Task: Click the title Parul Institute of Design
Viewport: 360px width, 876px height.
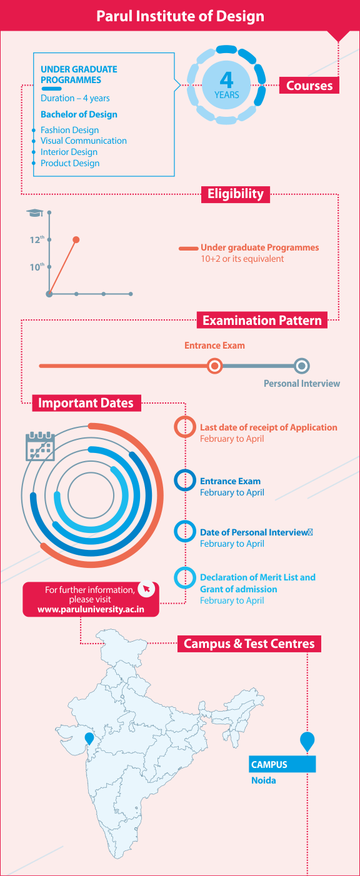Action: pyautogui.click(x=180, y=16)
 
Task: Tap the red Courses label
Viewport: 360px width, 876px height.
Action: pyautogui.click(x=309, y=85)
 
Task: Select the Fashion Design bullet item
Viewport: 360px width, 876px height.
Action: pyautogui.click(x=69, y=130)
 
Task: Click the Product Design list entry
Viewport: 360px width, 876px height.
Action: pyautogui.click(x=70, y=163)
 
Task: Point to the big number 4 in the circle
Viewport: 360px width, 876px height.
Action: pyautogui.click(x=227, y=80)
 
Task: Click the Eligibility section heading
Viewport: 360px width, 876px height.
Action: pyautogui.click(x=236, y=194)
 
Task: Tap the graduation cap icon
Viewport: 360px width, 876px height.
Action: pyautogui.click(x=35, y=212)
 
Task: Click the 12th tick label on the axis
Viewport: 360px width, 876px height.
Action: pyautogui.click(x=37, y=240)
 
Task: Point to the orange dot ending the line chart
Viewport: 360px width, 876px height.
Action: pyautogui.click(x=76, y=239)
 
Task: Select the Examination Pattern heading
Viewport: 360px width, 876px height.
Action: pyautogui.click(x=262, y=321)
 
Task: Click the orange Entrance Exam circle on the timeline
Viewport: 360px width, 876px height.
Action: pyautogui.click(x=214, y=366)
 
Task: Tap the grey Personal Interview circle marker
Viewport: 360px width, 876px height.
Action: pyautogui.click(x=301, y=366)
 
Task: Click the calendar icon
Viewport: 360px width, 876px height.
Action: pyautogui.click(x=40, y=446)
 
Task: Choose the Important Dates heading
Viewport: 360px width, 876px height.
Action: pyautogui.click(x=86, y=403)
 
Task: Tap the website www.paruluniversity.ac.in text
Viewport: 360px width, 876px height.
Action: pyautogui.click(x=91, y=609)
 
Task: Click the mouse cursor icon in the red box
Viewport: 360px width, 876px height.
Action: pyautogui.click(x=147, y=589)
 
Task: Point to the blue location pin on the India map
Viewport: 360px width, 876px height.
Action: pyautogui.click(x=89, y=738)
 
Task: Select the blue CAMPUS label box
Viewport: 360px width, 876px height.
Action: pyautogui.click(x=282, y=764)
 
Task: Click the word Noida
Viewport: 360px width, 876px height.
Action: pyautogui.click(x=263, y=780)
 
